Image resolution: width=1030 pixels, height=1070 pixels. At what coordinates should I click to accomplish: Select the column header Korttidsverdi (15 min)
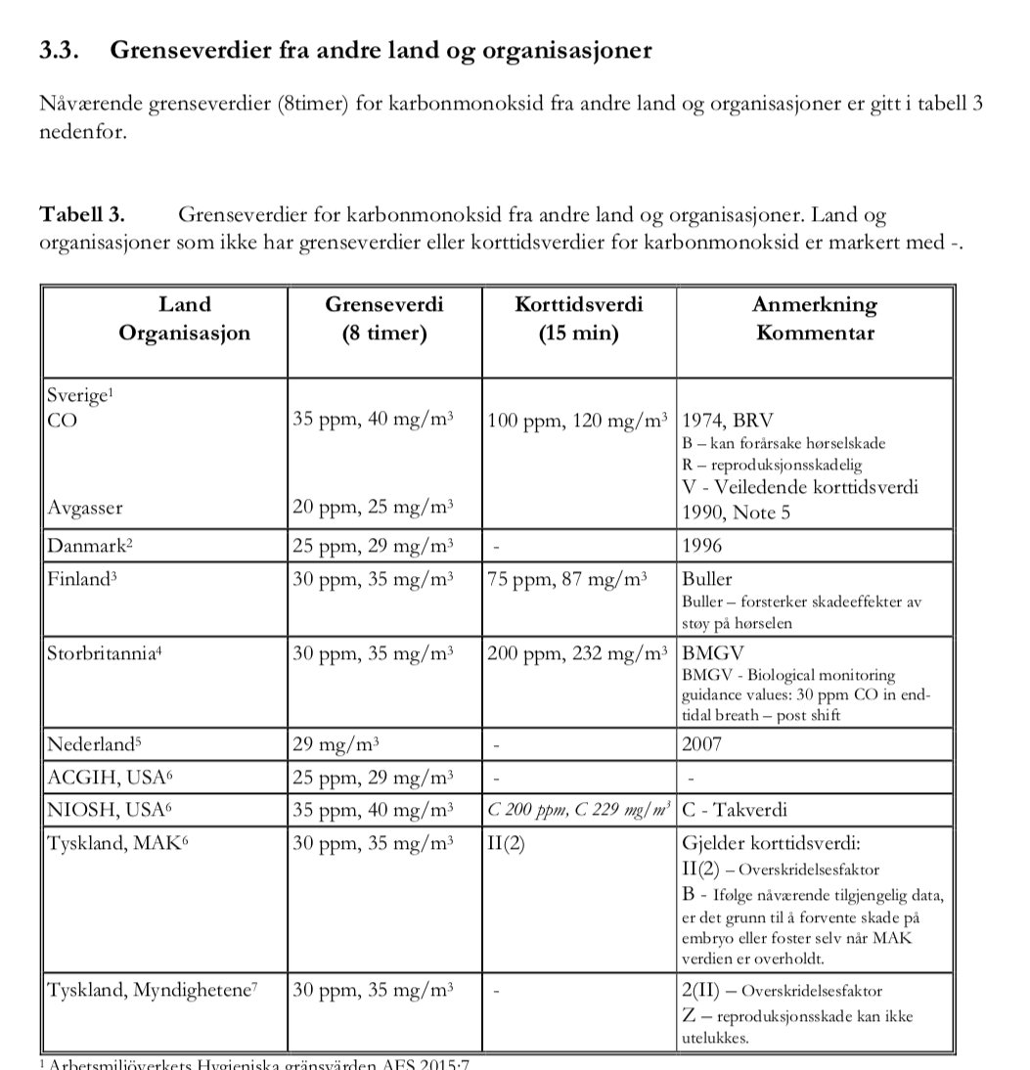(578, 319)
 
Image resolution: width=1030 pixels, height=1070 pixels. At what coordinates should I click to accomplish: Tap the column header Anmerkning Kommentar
(814, 319)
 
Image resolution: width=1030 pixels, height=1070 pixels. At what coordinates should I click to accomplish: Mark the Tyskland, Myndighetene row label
(152, 990)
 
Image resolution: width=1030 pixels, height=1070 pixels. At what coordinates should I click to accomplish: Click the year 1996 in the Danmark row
(702, 545)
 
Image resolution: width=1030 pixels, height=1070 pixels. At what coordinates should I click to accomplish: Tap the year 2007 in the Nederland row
(702, 744)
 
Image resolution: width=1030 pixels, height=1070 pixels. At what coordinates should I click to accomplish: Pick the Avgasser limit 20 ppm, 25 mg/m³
(373, 509)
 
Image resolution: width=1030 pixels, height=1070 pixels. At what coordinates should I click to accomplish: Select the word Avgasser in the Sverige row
(84, 509)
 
